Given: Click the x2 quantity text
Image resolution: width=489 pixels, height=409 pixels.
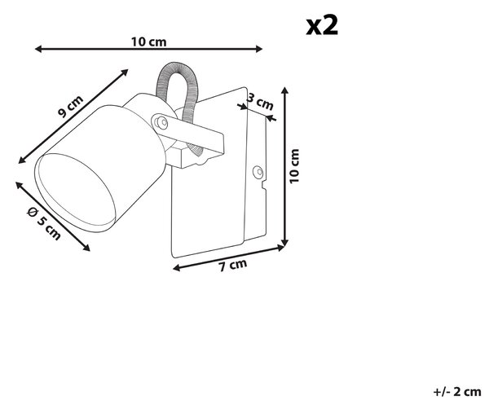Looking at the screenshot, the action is [x=322, y=25].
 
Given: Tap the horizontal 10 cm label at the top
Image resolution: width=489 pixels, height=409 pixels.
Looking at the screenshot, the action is [x=148, y=42].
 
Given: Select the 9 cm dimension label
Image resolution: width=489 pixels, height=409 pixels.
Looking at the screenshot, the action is [x=71, y=106].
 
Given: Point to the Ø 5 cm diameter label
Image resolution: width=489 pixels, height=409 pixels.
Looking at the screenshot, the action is [x=44, y=223].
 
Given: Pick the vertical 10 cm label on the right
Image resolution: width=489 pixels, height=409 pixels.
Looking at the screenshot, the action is [x=294, y=166].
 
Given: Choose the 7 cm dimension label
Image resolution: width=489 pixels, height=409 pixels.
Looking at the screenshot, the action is [x=232, y=266].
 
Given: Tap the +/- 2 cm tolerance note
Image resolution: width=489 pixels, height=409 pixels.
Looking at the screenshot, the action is [x=457, y=392].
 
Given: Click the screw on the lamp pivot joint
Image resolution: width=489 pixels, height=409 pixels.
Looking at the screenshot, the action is [x=161, y=121].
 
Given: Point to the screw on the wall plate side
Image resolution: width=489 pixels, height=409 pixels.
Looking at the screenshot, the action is [x=258, y=172].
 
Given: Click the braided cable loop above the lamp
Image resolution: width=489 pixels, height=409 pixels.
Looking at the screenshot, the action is [x=177, y=94].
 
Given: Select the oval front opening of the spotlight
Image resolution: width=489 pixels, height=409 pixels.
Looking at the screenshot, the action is [x=76, y=192].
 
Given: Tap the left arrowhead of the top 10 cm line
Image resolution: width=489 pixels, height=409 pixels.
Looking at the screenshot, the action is [x=38, y=49].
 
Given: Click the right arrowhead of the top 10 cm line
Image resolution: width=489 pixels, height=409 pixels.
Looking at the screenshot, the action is [x=258, y=49].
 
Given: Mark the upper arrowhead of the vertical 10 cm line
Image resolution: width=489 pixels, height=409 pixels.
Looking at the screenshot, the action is [x=284, y=90].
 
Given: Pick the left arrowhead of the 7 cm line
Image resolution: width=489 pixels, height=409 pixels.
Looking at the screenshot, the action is [x=177, y=268].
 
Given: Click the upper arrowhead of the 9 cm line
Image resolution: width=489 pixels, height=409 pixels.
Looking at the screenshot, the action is [x=125, y=73].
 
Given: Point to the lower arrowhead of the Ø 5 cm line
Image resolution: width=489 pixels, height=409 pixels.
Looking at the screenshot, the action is [x=86, y=248].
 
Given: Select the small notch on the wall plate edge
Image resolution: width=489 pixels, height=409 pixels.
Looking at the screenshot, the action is [x=263, y=185].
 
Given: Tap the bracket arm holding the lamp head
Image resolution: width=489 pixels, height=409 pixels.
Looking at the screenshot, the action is [x=189, y=134].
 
